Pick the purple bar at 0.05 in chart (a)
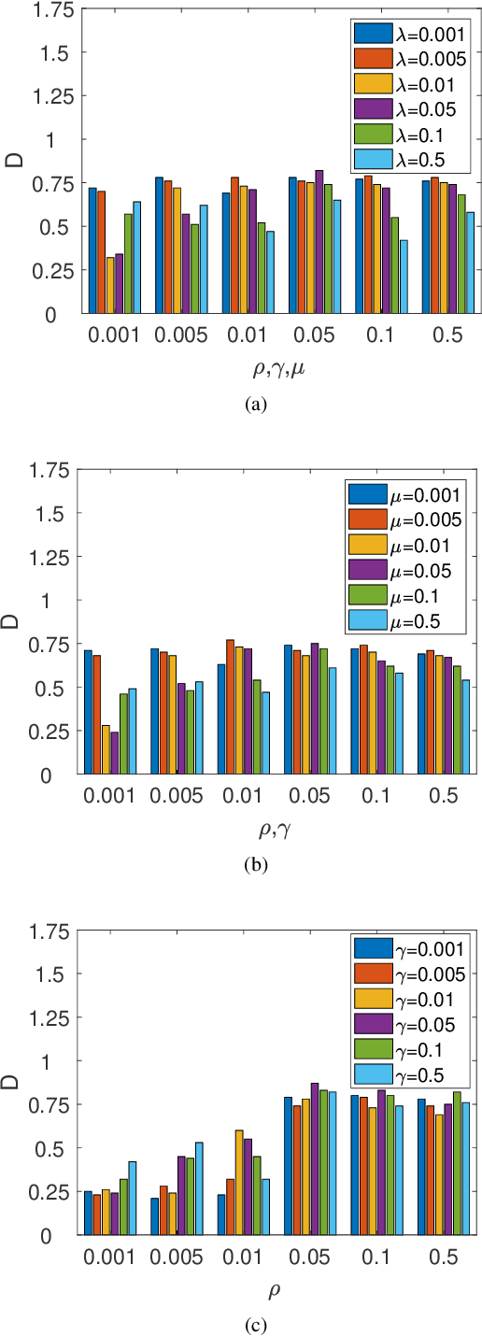pos(319,242)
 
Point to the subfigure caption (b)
pos(254,865)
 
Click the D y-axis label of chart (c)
pos(16,1083)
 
